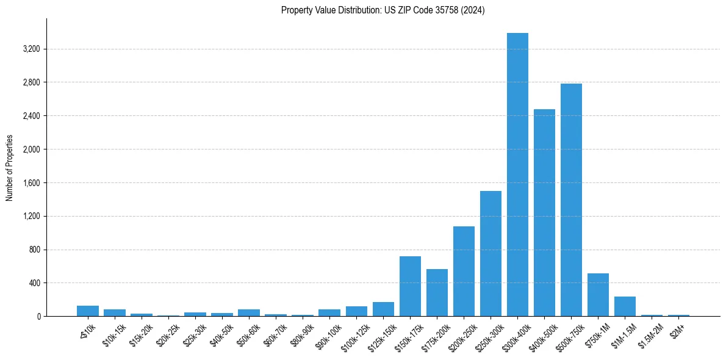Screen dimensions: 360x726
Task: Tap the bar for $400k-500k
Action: pyautogui.click(x=544, y=213)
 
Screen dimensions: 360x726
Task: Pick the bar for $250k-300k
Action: pyautogui.click(x=491, y=254)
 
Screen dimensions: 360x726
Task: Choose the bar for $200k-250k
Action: pyautogui.click(x=464, y=272)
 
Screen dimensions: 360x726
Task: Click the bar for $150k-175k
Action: pyautogui.click(x=410, y=286)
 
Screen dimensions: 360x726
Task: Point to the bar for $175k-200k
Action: pyautogui.click(x=437, y=293)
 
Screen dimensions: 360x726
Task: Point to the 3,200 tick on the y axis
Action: pyautogui.click(x=30, y=49)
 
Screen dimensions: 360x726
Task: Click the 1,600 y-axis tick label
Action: pyautogui.click(x=30, y=183)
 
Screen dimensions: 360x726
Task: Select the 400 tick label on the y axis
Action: pyautogui.click(x=34, y=283)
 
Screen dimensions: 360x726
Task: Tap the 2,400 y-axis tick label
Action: pyautogui.click(x=30, y=116)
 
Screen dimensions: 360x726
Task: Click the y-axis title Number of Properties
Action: pyautogui.click(x=10, y=168)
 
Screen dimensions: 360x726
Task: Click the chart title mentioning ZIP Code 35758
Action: pyautogui.click(x=383, y=10)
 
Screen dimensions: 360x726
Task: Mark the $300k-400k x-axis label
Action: pyautogui.click(x=515, y=334)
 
